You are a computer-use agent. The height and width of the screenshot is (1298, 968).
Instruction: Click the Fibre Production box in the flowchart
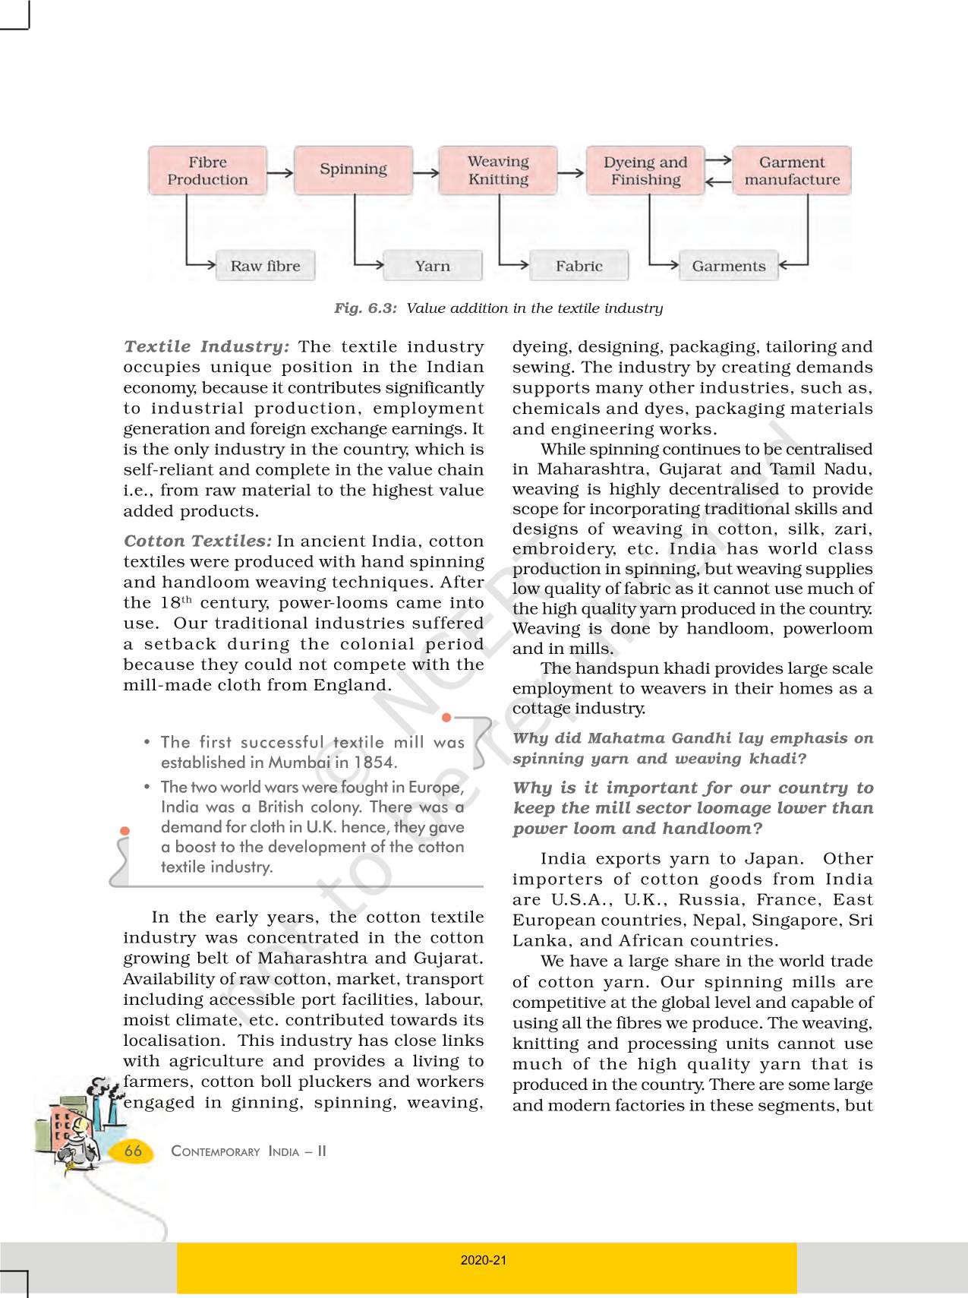(x=207, y=171)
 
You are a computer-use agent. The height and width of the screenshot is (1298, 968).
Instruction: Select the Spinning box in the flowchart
(x=353, y=169)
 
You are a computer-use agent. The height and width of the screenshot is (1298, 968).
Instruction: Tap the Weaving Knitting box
(x=498, y=170)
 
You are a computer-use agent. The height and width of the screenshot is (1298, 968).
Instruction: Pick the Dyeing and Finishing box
(x=645, y=171)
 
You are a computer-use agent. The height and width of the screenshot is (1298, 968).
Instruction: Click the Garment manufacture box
(x=792, y=171)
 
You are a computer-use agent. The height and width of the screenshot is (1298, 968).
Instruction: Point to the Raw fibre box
(x=265, y=266)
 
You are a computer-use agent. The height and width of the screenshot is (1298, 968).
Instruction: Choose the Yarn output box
(x=433, y=266)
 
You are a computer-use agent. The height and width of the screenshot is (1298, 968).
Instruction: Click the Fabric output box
(x=579, y=266)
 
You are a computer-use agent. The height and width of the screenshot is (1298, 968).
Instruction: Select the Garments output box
(x=728, y=266)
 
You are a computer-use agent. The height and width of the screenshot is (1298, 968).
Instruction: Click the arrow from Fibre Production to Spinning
(x=280, y=173)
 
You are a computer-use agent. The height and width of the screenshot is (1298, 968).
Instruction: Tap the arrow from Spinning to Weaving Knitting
(x=426, y=173)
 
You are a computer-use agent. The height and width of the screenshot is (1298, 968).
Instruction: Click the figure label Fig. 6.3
(x=365, y=308)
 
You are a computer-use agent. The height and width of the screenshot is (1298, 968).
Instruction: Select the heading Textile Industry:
(x=207, y=347)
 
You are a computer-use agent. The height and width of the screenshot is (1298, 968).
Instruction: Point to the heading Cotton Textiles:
(x=197, y=542)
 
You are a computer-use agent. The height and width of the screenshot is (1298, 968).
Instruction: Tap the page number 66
(x=133, y=1151)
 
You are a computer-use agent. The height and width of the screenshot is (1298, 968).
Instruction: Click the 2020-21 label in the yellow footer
(x=484, y=1260)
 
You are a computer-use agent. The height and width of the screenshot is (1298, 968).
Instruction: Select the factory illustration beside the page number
(x=72, y=1124)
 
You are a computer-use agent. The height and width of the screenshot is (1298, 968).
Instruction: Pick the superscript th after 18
(x=187, y=599)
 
